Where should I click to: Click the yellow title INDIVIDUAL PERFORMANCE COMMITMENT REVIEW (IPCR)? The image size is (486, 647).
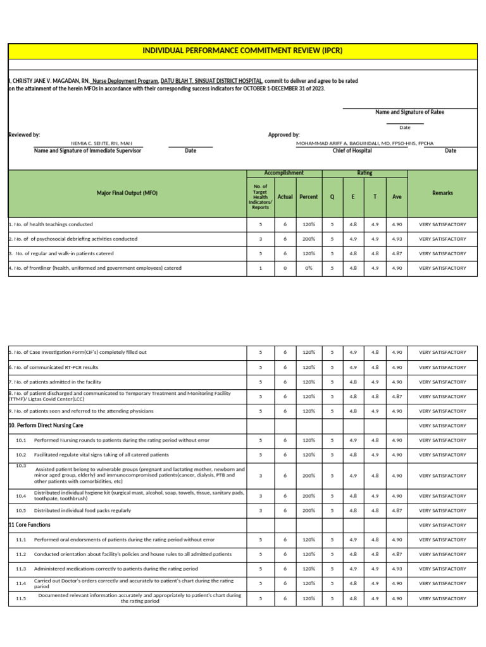[242, 50]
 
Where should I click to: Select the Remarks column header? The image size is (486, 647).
[442, 193]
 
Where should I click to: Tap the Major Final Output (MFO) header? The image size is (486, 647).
[127, 193]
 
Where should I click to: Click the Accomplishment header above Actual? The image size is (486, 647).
[284, 173]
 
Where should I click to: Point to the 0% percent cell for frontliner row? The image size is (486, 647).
[308, 268]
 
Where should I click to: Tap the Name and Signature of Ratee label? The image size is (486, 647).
[409, 112]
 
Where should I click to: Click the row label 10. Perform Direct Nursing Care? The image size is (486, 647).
[46, 426]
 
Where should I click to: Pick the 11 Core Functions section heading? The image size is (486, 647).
[29, 525]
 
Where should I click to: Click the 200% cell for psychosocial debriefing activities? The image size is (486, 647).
[308, 239]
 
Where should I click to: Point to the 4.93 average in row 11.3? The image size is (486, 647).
[397, 569]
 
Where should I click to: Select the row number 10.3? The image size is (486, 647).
[21, 466]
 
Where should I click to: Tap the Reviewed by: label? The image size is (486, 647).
[24, 135]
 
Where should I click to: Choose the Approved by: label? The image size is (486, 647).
[284, 135]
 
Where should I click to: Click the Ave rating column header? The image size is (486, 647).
[397, 197]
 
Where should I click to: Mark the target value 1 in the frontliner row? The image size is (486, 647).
[260, 268]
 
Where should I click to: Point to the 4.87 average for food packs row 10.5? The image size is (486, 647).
[397, 511]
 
